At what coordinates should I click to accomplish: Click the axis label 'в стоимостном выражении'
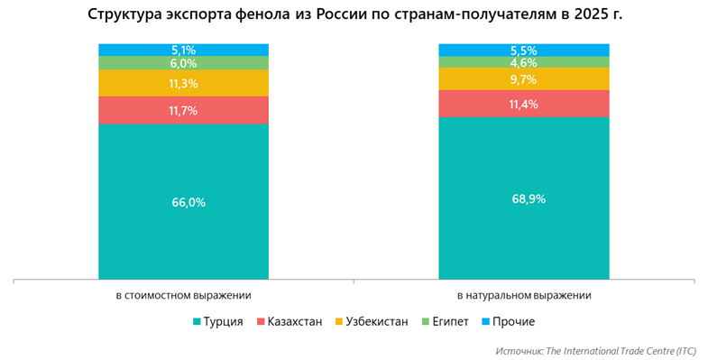pyautogui.click(x=183, y=295)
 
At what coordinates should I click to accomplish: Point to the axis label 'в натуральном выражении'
pyautogui.click(x=523, y=295)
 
